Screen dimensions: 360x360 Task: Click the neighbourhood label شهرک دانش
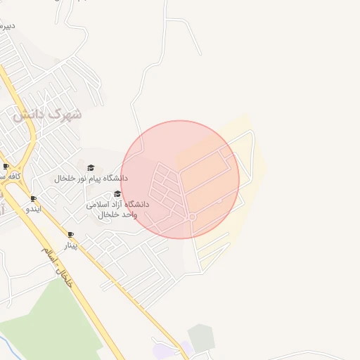47,113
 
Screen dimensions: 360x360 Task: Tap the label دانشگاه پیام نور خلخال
91,179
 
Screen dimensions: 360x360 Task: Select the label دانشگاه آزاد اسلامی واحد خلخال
117,209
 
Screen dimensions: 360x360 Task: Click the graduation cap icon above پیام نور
91,167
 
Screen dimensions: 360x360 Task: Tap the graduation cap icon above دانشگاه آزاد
117,193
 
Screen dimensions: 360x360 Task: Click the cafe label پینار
71,245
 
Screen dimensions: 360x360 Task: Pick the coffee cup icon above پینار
70,235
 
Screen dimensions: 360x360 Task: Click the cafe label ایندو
34,210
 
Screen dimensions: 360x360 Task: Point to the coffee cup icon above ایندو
33,199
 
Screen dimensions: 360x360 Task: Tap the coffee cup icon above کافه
6,167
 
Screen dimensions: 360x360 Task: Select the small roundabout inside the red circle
191,217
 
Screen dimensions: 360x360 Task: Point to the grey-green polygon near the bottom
202,338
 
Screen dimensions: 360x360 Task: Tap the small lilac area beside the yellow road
165,349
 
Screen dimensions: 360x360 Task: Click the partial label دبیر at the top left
6,27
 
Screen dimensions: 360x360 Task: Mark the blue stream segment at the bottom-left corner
7,346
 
